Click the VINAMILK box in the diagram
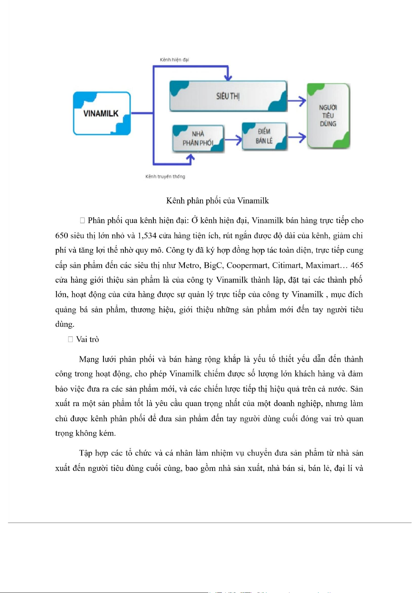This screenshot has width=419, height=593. click(102, 113)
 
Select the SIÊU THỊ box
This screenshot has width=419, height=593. click(228, 96)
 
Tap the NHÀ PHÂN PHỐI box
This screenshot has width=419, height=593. click(198, 138)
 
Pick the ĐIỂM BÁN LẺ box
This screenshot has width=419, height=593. click(264, 136)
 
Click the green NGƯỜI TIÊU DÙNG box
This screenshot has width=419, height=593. click(328, 116)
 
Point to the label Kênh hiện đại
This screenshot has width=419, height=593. click(174, 60)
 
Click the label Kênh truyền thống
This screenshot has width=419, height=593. click(165, 176)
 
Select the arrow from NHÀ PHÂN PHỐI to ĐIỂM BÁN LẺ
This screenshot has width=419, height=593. click(233, 140)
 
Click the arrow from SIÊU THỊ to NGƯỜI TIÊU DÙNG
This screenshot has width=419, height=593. click(297, 101)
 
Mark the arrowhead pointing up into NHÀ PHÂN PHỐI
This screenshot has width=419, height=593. click(190, 159)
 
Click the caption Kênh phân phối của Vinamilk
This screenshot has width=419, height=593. click(217, 201)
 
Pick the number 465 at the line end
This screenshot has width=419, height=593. click(356, 265)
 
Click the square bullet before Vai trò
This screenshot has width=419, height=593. click(70, 339)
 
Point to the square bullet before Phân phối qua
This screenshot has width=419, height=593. click(82, 221)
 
